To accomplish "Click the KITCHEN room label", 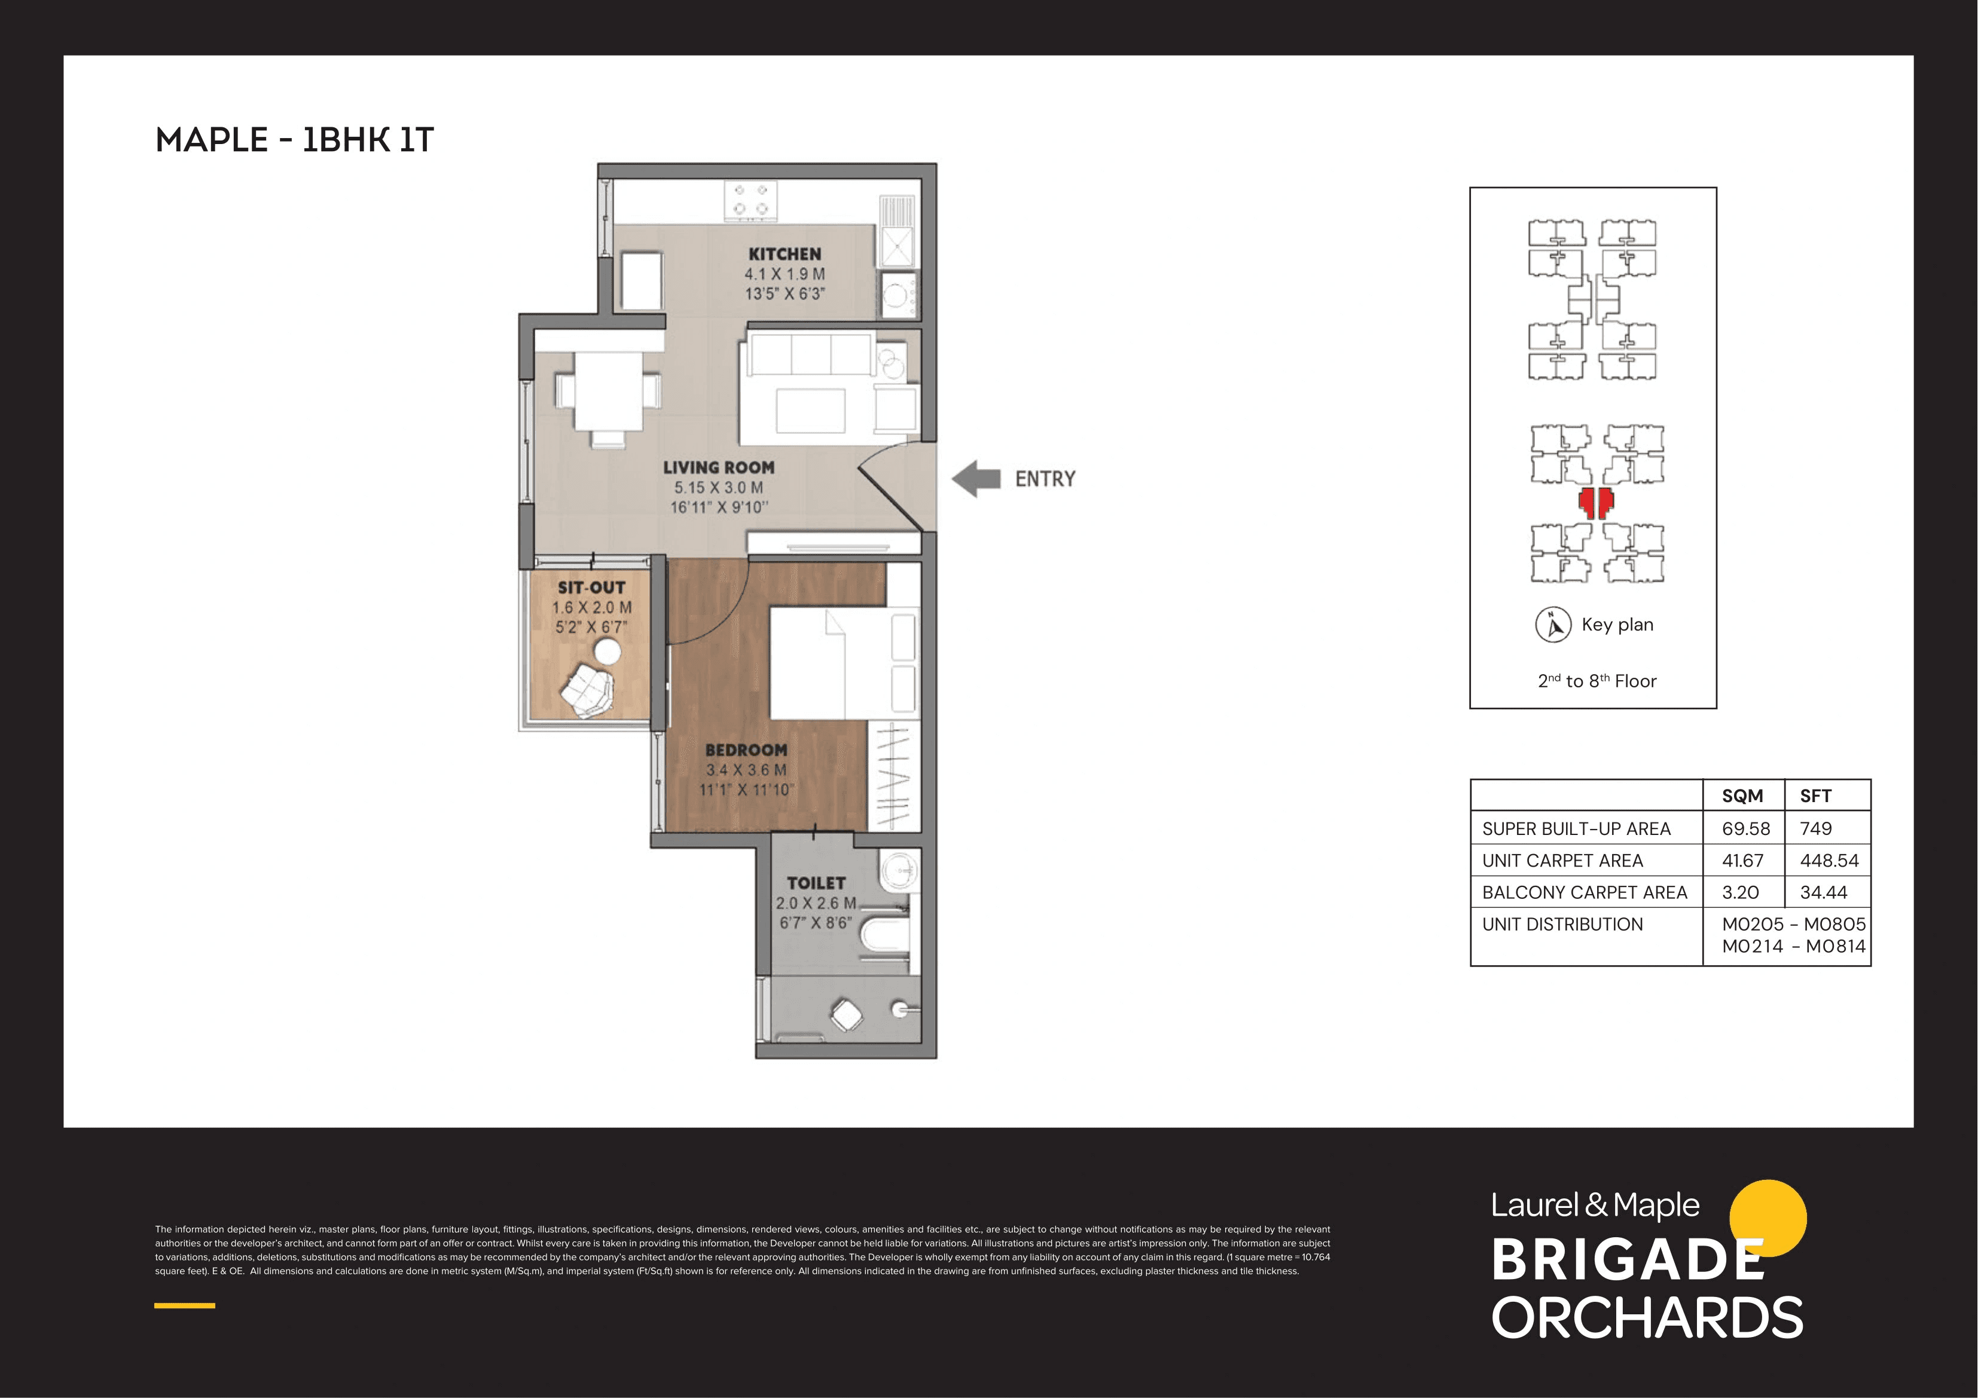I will click(784, 254).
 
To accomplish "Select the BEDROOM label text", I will click(746, 750).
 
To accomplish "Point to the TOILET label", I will click(816, 883).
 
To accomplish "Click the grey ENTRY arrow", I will click(976, 479).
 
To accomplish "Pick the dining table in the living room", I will click(608, 392).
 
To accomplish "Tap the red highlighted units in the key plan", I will click(1595, 502).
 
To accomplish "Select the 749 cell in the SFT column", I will click(1815, 828).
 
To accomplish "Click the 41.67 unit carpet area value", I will click(1742, 861).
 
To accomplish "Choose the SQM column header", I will click(1742, 796).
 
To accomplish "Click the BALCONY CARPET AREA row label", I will click(1583, 892).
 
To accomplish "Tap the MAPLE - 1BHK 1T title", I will click(295, 139).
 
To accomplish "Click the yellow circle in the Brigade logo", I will click(1768, 1217).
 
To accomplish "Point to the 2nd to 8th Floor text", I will click(1597, 681).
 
